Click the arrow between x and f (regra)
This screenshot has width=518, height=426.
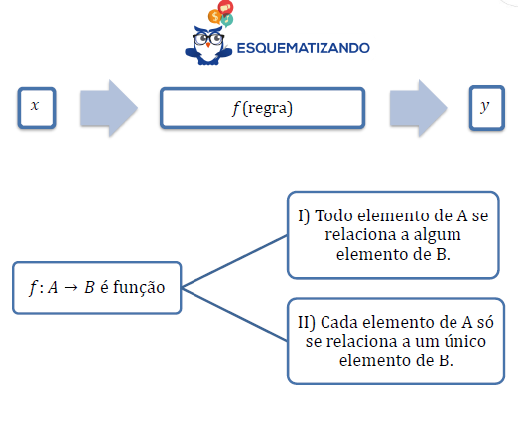[109, 108]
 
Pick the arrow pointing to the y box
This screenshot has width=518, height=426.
[419, 108]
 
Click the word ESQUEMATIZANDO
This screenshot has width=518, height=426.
[304, 48]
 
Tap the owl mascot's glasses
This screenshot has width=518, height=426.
[208, 39]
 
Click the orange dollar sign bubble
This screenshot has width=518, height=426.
[214, 16]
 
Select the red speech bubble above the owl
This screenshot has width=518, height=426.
[226, 7]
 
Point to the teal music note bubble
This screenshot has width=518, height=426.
[227, 20]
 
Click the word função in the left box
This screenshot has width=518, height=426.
[139, 287]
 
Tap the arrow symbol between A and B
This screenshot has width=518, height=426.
[70, 287]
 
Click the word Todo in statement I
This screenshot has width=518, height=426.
[334, 215]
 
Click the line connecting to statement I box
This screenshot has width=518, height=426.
[234, 261]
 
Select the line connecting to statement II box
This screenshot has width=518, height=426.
[234, 314]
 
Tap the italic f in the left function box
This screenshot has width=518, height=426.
[33, 287]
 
